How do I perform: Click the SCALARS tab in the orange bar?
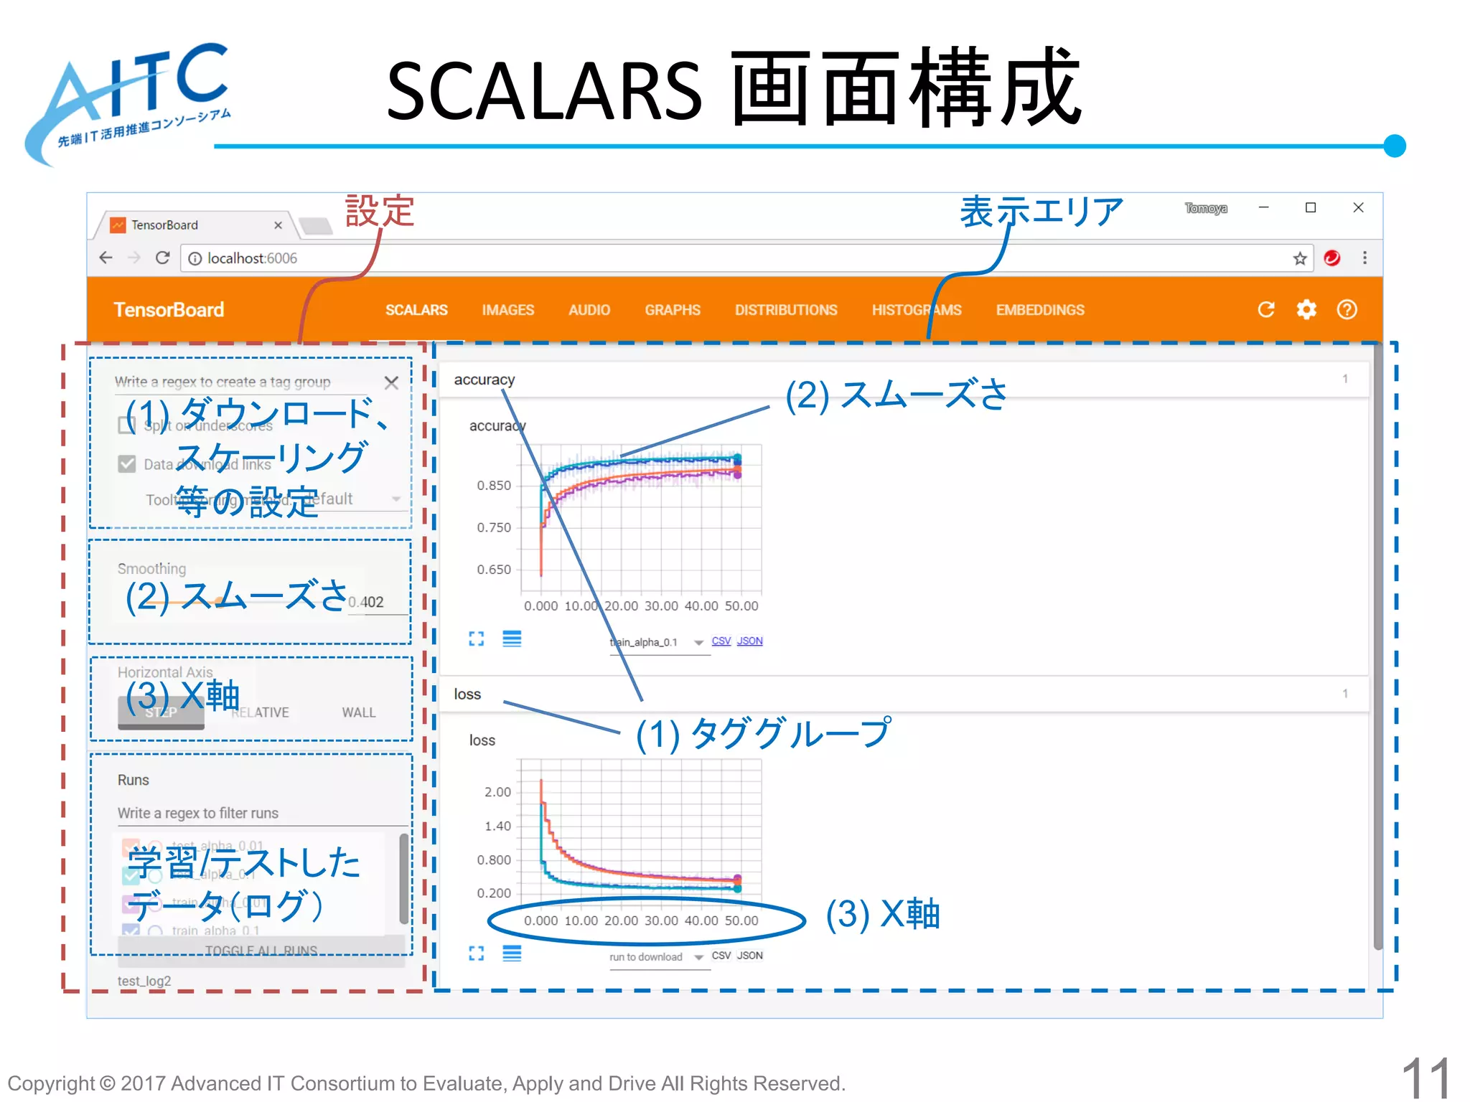(416, 310)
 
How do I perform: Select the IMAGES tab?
(508, 310)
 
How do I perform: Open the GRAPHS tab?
(672, 310)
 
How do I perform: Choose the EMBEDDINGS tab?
(1039, 310)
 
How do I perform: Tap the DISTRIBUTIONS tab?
(786, 310)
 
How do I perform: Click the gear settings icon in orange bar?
(1306, 309)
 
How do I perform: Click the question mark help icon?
(1347, 309)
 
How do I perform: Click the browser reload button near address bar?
(163, 258)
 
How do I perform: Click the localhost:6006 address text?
(252, 258)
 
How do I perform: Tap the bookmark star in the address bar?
(1299, 258)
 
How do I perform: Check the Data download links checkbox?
(127, 464)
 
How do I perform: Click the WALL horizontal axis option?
(358, 712)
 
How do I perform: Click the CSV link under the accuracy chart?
(721, 641)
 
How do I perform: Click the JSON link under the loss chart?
(749, 956)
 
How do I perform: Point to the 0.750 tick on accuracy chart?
(494, 527)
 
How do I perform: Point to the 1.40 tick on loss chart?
(497, 826)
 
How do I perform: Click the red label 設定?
(380, 211)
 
